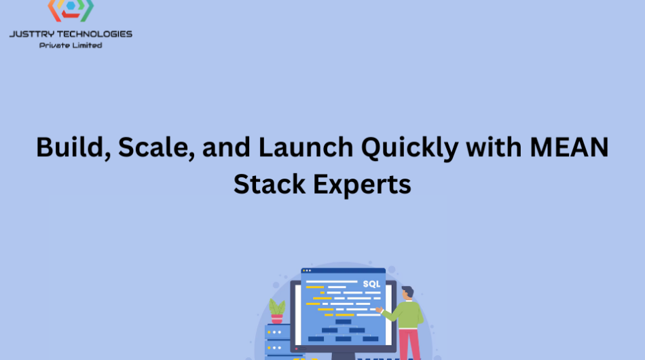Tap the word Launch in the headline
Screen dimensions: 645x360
[x=306, y=147]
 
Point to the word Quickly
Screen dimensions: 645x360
[x=409, y=149]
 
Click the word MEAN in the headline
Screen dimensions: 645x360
[x=570, y=147]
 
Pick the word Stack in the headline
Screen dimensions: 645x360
[x=270, y=184]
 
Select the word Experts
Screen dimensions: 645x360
[x=362, y=185]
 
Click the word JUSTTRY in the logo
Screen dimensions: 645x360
[x=32, y=34]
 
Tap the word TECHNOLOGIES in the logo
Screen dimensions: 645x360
[x=94, y=34]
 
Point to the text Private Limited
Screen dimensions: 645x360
[x=71, y=46]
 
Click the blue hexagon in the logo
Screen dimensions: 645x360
[x=71, y=5]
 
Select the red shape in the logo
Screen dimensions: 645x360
[x=69, y=16]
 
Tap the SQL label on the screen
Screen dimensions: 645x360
[x=371, y=284]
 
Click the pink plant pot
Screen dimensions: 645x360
[x=277, y=319]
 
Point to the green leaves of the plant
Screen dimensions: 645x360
[x=277, y=307]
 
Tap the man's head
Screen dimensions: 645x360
[x=407, y=293]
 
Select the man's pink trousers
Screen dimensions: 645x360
[x=409, y=344]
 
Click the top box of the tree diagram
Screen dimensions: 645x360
[x=343, y=322]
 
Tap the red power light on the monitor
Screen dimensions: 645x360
[x=297, y=349]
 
